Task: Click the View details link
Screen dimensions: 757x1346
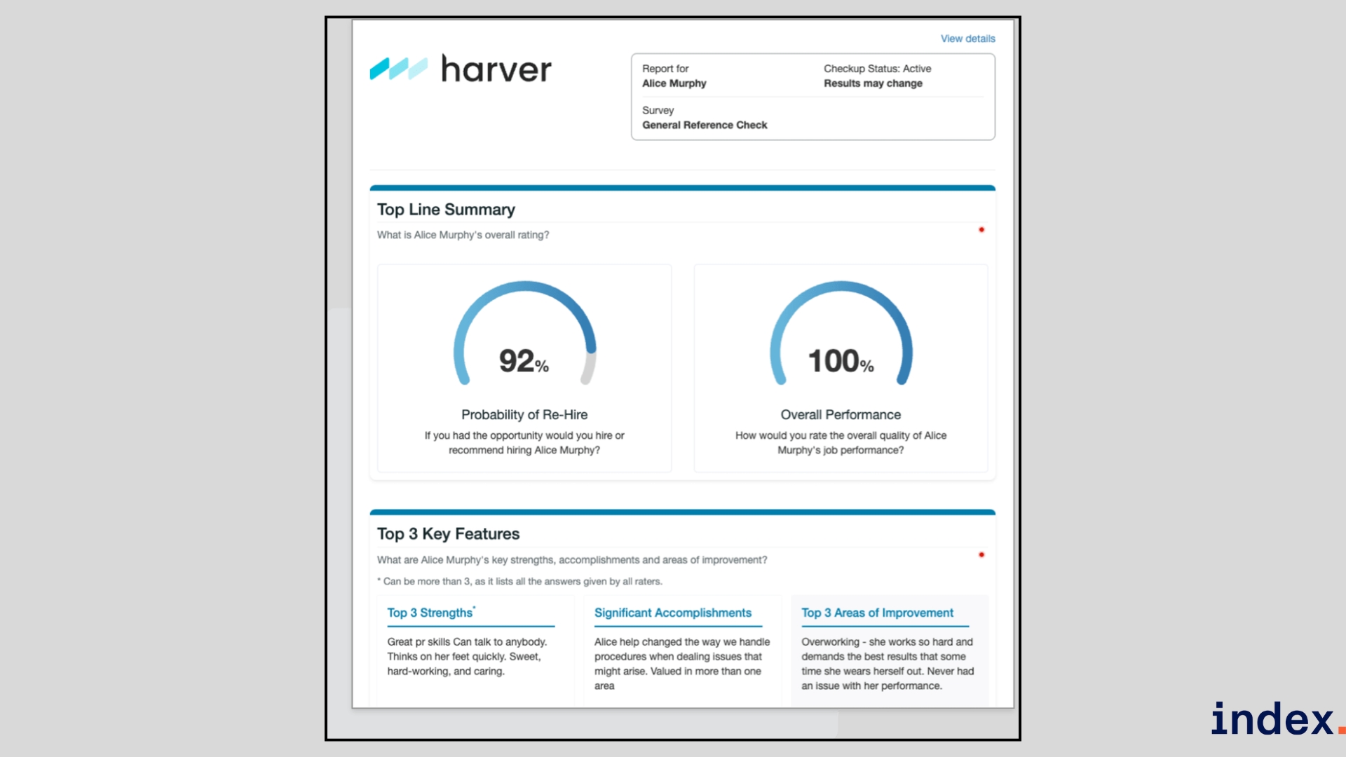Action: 967,39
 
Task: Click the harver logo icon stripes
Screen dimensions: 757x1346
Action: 398,69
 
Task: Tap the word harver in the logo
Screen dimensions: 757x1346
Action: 496,69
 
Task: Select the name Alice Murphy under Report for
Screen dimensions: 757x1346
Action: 674,83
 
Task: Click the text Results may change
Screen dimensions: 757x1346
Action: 873,83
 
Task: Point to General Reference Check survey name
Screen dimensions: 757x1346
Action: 705,125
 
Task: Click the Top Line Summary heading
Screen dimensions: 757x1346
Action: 446,210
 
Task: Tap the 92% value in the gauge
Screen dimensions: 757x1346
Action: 523,361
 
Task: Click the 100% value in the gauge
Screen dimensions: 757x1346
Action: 840,361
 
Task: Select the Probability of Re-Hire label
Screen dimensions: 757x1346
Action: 524,414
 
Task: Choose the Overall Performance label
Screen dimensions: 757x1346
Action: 841,414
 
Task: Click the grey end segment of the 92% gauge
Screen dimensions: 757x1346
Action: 589,368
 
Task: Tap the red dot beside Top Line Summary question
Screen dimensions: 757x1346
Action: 981,230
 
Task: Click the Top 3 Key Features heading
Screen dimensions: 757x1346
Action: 448,534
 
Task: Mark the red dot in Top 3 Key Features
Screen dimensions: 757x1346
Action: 981,554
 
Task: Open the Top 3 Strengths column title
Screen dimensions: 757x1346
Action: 430,613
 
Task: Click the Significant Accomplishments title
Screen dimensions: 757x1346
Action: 672,613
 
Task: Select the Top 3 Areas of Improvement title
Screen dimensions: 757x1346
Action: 877,613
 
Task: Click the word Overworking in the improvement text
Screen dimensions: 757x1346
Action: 830,642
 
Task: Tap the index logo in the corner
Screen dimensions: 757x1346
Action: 1272,720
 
